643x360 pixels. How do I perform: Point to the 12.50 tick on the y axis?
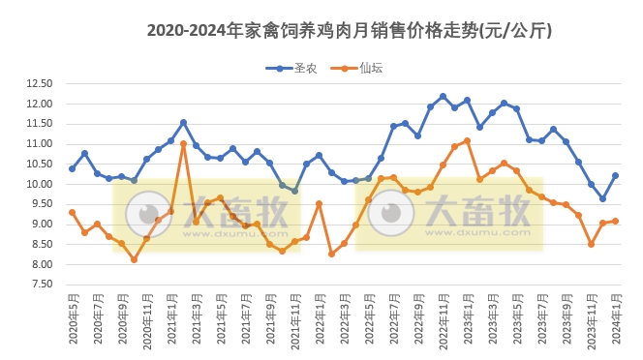[39, 83]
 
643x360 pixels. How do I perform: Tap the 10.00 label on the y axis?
[39, 184]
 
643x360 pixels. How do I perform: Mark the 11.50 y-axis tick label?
[39, 124]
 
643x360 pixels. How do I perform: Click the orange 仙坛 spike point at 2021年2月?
[183, 144]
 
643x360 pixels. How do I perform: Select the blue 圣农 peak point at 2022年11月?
[443, 96]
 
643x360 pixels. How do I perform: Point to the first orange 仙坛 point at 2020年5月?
[72, 212]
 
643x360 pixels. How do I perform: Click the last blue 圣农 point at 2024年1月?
[615, 175]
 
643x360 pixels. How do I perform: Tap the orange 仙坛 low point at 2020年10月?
[134, 259]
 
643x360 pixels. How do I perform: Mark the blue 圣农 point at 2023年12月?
[602, 198]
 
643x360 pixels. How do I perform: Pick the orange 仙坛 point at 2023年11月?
[591, 244]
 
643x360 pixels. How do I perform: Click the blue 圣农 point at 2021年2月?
[183, 122]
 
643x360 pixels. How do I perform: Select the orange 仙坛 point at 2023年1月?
[467, 140]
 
